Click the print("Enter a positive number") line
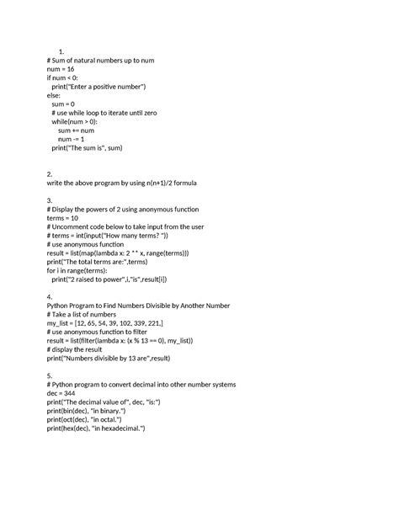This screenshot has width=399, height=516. point(99,87)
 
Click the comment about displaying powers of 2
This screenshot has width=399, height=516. point(123,208)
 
